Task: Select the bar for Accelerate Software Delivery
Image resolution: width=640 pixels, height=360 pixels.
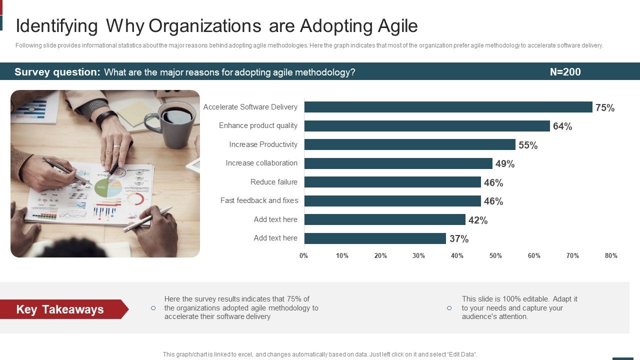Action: [448, 107]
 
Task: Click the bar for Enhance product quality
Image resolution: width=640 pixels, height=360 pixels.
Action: [427, 126]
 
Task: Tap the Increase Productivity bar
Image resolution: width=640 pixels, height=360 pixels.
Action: [409, 144]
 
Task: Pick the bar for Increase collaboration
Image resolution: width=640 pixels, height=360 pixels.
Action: [398, 163]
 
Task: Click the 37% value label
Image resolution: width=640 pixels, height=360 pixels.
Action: [459, 239]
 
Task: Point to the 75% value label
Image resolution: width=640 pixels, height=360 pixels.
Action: [605, 108]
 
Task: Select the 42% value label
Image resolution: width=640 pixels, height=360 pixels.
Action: [478, 220]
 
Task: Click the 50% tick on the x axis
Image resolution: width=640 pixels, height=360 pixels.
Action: [495, 256]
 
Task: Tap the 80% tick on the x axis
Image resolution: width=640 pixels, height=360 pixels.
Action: [611, 256]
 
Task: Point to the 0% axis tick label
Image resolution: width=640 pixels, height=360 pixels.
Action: [304, 256]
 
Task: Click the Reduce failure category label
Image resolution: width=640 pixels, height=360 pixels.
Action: [274, 182]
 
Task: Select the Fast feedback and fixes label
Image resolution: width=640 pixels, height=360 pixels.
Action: [259, 200]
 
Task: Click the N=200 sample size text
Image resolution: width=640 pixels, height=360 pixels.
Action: [565, 72]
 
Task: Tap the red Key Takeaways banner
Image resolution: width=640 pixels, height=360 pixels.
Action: [62, 309]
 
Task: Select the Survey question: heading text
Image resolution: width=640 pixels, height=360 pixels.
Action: [57, 72]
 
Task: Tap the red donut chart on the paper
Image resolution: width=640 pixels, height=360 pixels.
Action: [135, 199]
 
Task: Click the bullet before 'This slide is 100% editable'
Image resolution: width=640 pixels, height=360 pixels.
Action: [449, 308]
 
